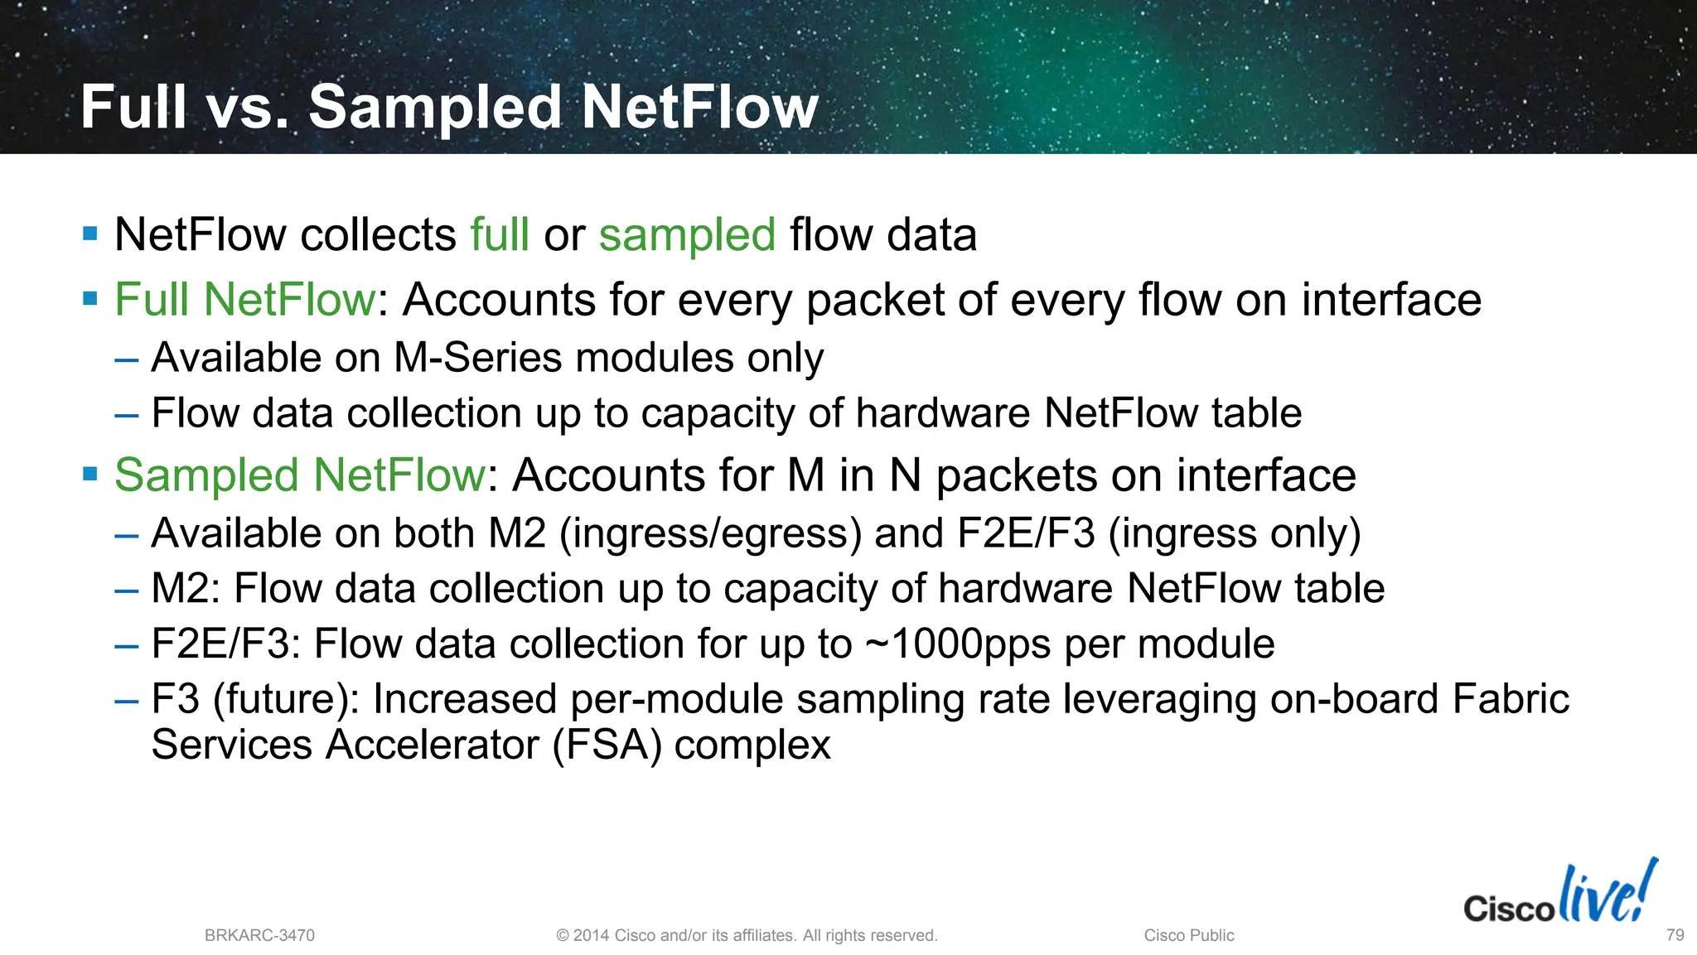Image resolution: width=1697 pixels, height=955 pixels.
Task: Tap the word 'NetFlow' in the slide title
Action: click(700, 108)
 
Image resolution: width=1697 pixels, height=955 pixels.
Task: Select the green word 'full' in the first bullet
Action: click(500, 234)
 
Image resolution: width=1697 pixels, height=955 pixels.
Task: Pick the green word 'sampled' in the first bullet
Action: click(687, 234)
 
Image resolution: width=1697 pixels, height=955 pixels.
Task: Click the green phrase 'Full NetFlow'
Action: click(245, 299)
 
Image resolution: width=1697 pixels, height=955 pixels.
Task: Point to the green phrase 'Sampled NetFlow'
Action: click(300, 475)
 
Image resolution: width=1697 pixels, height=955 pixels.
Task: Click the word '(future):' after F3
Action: click(286, 698)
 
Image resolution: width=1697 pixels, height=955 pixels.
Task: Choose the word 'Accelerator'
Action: click(432, 744)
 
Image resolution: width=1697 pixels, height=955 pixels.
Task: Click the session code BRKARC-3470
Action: click(259, 935)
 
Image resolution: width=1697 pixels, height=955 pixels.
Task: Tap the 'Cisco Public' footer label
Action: click(1189, 935)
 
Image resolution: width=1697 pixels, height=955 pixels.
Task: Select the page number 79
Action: click(1675, 935)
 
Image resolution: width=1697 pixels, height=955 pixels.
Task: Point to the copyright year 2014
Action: click(592, 935)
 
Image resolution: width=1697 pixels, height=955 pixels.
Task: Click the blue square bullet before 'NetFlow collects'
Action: click(90, 234)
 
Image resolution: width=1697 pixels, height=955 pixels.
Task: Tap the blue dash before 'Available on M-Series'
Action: click(127, 359)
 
